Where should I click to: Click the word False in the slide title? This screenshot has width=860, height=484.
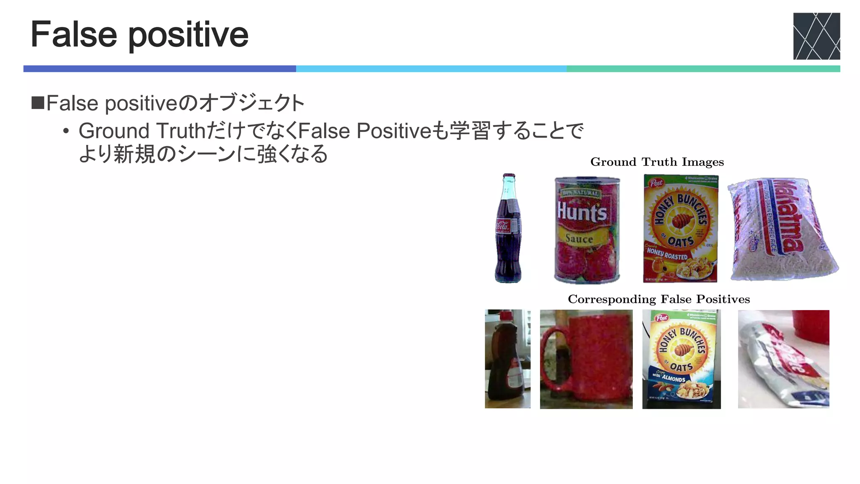[74, 34]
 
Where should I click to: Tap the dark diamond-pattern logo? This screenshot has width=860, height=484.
[816, 36]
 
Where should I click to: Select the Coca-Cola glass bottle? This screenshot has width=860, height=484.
[508, 229]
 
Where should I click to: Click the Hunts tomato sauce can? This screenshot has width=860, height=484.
[587, 230]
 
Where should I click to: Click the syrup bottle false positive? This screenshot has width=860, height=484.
[507, 359]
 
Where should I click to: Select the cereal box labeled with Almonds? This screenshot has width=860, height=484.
[681, 359]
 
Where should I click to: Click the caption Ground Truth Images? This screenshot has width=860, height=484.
[657, 162]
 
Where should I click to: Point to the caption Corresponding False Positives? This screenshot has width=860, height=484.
[658, 299]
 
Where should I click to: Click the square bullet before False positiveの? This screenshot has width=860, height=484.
[38, 103]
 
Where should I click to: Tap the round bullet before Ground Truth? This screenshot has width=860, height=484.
[66, 131]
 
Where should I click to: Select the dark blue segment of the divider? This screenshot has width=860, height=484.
[160, 68]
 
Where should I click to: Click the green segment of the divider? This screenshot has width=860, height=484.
[703, 68]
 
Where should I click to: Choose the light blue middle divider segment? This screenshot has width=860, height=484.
[431, 68]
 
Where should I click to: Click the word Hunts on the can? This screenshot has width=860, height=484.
[582, 212]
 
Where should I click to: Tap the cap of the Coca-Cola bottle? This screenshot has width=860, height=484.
[509, 176]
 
